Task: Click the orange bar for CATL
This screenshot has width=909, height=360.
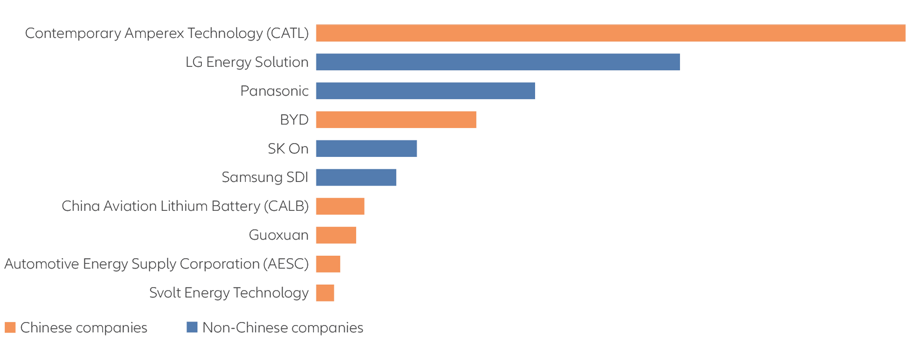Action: [610, 33]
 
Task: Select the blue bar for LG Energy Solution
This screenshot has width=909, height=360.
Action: [498, 62]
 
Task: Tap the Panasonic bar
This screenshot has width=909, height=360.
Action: [425, 91]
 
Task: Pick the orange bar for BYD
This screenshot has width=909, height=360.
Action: [396, 120]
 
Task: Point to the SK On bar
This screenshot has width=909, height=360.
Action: [366, 149]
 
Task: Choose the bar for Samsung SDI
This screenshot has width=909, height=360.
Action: [356, 178]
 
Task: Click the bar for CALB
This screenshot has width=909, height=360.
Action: [340, 207]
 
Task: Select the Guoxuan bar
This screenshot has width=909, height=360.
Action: [336, 235]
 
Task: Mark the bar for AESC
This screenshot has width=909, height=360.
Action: [328, 264]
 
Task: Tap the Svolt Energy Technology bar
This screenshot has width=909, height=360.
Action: [325, 293]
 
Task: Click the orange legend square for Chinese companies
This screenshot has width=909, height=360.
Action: [10, 327]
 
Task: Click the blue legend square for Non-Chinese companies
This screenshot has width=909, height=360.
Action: [192, 327]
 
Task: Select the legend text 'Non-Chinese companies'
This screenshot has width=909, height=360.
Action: [283, 328]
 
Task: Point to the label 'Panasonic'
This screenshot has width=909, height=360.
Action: [275, 91]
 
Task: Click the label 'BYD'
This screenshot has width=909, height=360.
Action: [294, 120]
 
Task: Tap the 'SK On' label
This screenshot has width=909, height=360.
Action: [288, 149]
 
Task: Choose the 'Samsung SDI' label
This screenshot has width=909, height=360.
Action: [265, 178]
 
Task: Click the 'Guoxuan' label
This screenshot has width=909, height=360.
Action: [278, 235]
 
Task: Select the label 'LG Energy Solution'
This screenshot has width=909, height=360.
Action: [247, 62]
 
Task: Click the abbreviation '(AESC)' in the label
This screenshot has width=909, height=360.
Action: [285, 264]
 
